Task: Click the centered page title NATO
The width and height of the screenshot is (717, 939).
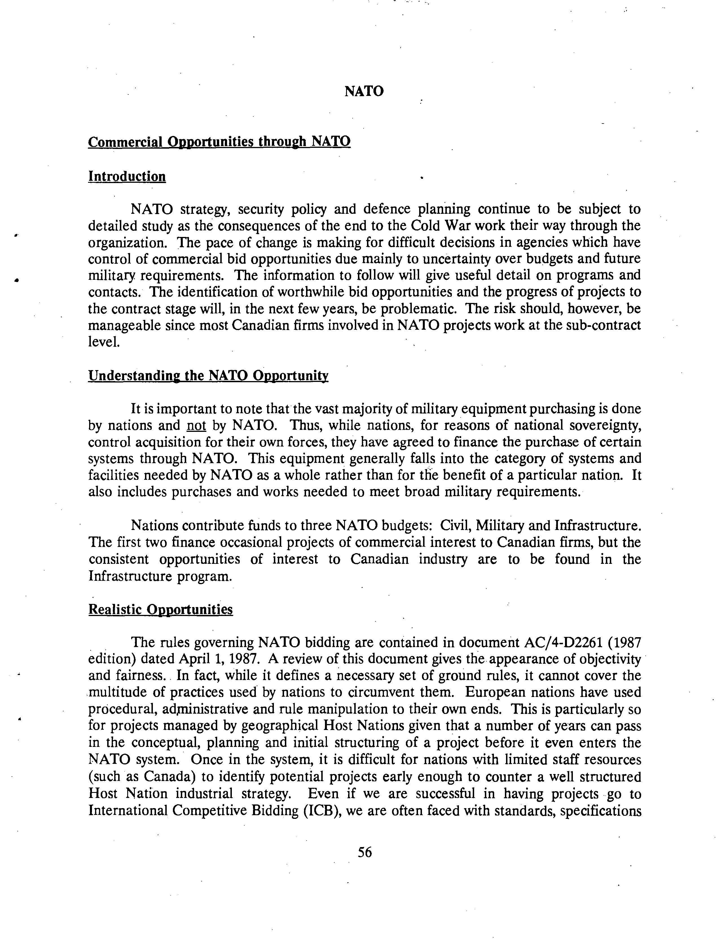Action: [364, 91]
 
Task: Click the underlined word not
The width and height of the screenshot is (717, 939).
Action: [196, 426]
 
